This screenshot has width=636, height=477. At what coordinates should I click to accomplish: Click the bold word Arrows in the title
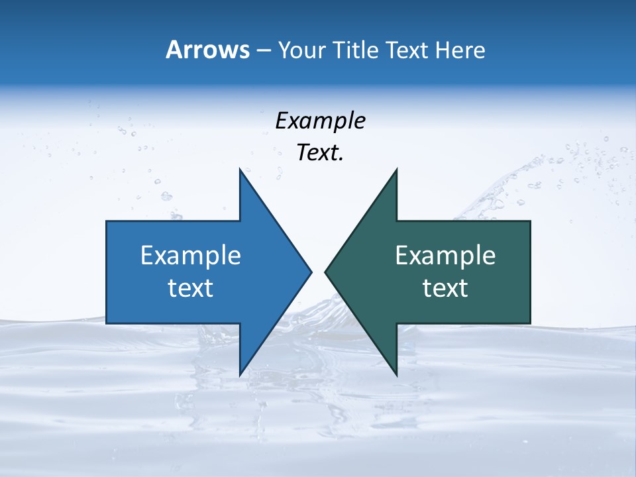207,50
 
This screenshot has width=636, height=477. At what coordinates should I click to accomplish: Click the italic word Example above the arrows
320,121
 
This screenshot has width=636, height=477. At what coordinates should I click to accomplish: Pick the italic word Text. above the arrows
320,152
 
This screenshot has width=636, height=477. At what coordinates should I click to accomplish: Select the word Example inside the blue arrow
191,255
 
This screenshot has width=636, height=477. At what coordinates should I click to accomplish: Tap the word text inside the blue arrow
191,288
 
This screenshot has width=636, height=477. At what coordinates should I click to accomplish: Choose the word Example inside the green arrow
445,255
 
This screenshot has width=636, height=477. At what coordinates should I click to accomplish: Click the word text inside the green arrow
445,288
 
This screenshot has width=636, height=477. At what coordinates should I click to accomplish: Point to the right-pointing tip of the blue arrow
311,272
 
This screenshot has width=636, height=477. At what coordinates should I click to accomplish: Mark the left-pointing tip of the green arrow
325,272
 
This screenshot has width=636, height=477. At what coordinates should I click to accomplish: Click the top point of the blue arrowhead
240,170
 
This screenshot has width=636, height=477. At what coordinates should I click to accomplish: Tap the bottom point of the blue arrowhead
240,375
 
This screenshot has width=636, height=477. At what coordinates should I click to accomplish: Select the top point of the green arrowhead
396,170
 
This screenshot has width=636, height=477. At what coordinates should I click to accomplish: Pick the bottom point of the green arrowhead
396,375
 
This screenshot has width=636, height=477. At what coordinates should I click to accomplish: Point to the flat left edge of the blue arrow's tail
107,272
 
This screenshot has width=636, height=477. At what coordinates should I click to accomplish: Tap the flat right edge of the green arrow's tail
530,272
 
